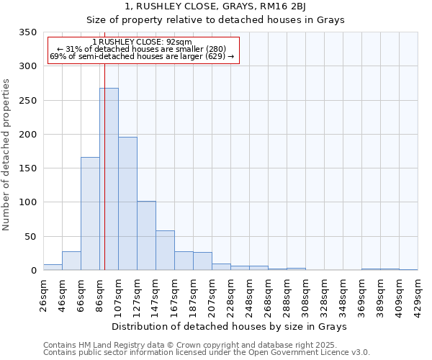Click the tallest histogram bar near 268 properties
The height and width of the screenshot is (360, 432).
coord(109,179)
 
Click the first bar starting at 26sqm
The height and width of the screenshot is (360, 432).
coord(53,267)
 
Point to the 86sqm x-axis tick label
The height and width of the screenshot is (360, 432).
coord(100,294)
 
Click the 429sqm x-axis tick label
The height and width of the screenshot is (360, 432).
coord(418,294)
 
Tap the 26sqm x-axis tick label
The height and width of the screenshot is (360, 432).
coord(44,294)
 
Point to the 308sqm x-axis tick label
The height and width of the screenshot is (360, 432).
coord(306,294)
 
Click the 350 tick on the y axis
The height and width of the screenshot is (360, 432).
coord(28,32)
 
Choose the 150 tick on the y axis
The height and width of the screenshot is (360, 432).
coord(28,168)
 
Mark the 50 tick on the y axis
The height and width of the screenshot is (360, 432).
coord(31,236)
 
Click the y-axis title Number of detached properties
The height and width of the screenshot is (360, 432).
coord(8,155)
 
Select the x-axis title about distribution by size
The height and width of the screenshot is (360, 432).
coord(230,326)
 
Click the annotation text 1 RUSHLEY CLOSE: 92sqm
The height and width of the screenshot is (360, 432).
coord(143,42)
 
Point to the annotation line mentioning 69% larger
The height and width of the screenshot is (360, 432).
coord(143,56)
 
